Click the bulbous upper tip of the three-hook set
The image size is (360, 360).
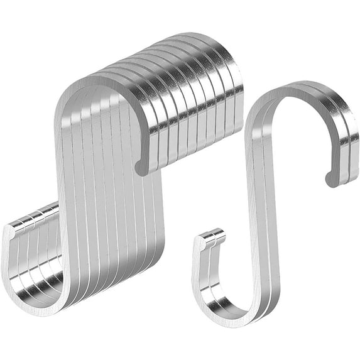331,178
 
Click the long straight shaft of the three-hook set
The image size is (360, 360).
258,207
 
